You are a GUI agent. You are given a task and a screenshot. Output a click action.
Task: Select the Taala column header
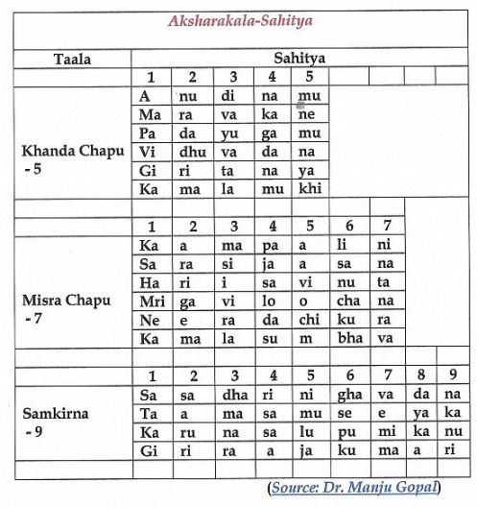pyautogui.click(x=72, y=59)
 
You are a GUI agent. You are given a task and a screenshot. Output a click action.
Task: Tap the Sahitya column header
pyautogui.click(x=299, y=58)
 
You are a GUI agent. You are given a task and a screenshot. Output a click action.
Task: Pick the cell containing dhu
pyautogui.click(x=191, y=151)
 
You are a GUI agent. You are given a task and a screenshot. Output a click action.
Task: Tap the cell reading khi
pyautogui.click(x=309, y=188)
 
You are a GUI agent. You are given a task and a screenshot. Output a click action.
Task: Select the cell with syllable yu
pyautogui.click(x=232, y=133)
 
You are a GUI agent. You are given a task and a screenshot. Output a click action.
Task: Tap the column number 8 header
pyautogui.click(x=418, y=374)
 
